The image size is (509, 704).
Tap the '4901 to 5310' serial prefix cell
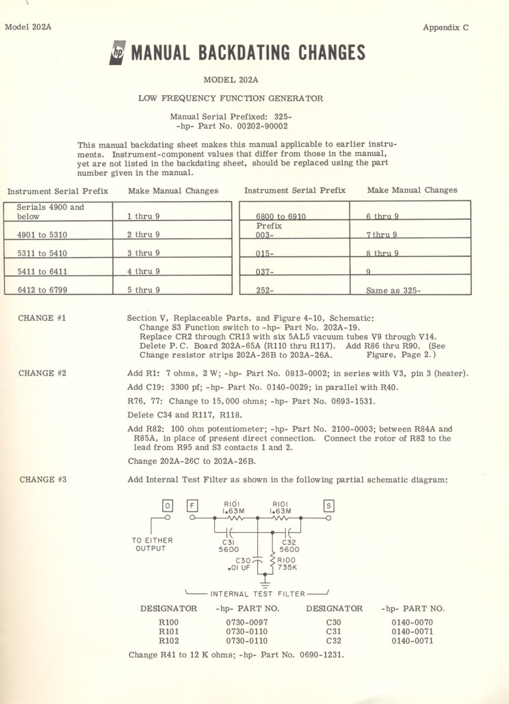click(42, 235)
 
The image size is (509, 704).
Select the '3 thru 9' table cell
click(144, 253)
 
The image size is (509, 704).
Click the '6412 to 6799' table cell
click(42, 290)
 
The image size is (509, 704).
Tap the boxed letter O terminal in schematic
click(167, 506)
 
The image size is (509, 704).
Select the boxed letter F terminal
click(193, 506)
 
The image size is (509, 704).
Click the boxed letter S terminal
click(329, 506)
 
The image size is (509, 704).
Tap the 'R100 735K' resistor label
click(287, 562)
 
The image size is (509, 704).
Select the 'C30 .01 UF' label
click(240, 562)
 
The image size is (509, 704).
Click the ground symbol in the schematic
click(258, 583)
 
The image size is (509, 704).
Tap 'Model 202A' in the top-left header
click(29, 27)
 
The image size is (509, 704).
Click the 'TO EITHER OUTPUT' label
click(152, 545)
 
